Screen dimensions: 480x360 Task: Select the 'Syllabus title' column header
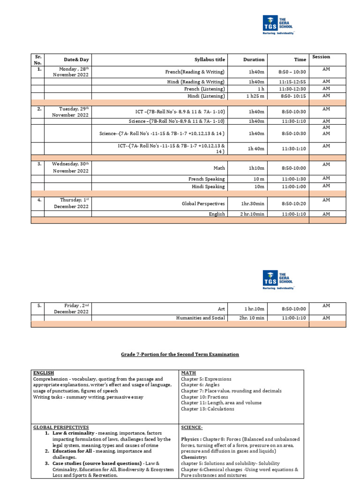(x=210, y=60)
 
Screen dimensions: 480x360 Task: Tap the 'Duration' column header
(x=254, y=60)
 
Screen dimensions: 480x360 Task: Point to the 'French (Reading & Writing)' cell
(x=195, y=72)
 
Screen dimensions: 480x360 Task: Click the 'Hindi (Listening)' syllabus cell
(x=206, y=96)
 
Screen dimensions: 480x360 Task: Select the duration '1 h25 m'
(x=255, y=96)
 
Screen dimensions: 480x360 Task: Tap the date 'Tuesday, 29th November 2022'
(x=70, y=112)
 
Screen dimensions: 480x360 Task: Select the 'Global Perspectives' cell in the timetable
(x=203, y=204)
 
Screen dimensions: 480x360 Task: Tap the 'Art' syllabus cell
(x=221, y=309)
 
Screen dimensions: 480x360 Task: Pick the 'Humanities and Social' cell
(x=201, y=318)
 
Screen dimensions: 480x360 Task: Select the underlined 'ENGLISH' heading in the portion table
(x=44, y=373)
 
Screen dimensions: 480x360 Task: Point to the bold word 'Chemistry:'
(x=194, y=457)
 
